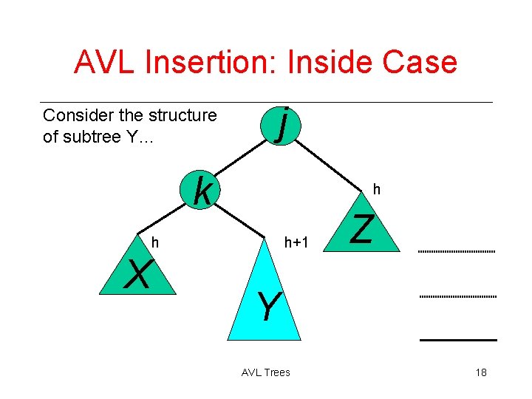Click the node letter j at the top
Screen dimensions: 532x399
pos(281,124)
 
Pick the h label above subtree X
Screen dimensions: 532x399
pos(155,242)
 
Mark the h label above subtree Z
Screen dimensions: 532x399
pos(376,190)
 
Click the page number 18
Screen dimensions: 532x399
pos(481,372)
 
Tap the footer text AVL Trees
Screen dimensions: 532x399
pos(266,372)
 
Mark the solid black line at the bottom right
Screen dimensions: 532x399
pos(458,339)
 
